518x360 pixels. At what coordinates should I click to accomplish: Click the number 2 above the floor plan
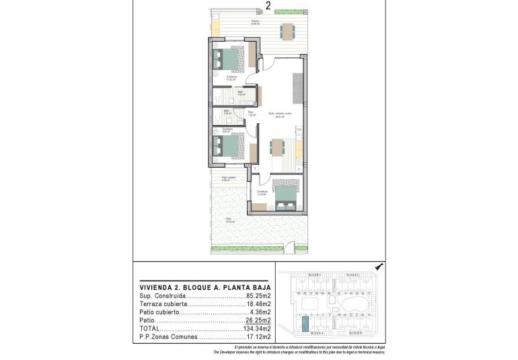pyautogui.click(x=268, y=6)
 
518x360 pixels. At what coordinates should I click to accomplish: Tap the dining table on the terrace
pyautogui.click(x=287, y=31)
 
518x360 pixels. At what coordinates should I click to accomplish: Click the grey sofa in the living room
pyautogui.click(x=297, y=85)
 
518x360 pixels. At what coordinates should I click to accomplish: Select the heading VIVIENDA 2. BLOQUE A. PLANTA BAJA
pyautogui.click(x=205, y=285)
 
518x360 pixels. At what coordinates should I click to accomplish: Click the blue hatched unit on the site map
pyautogui.click(x=305, y=324)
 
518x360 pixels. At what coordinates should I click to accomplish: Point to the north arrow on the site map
pyautogui.click(x=379, y=267)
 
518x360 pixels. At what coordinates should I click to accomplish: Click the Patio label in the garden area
pyautogui.click(x=228, y=219)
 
